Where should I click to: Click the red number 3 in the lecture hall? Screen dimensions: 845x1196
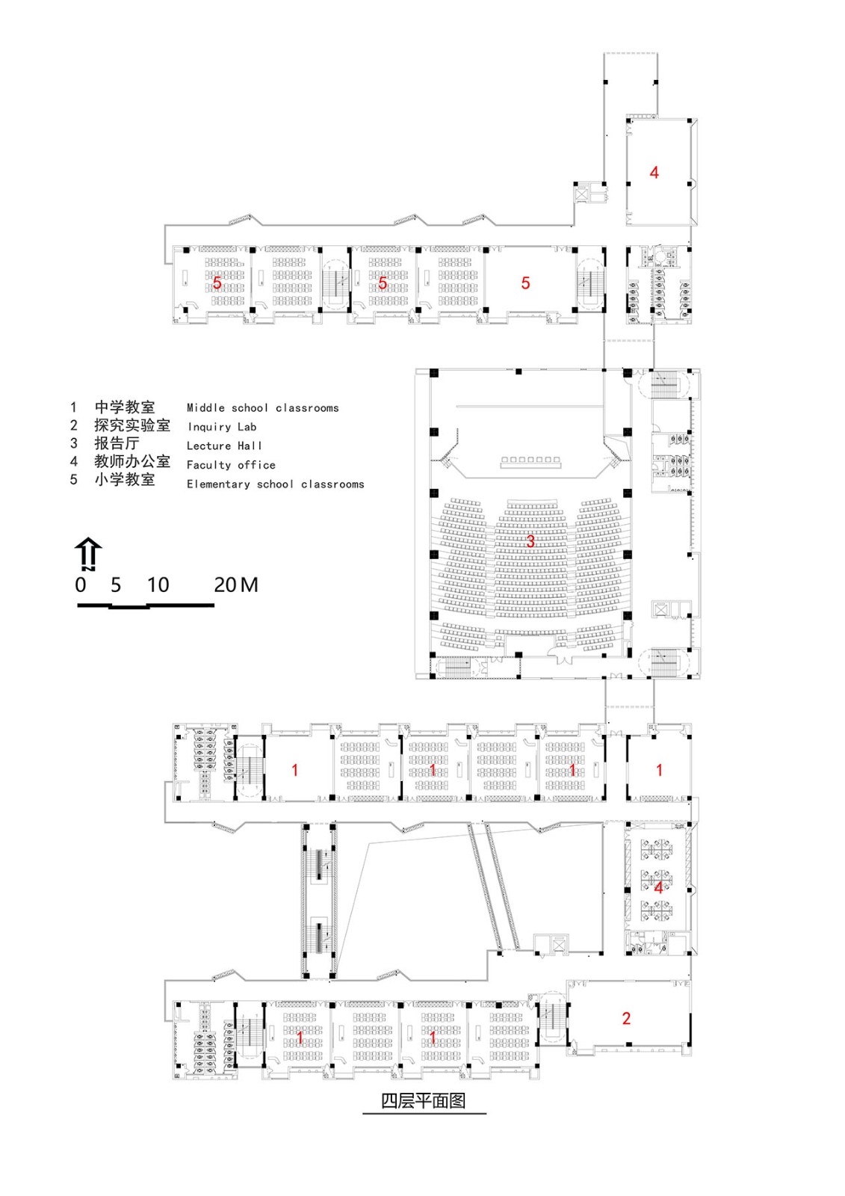[530, 541]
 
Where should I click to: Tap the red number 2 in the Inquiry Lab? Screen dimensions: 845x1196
[626, 1018]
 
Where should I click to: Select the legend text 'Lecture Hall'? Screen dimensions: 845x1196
[224, 446]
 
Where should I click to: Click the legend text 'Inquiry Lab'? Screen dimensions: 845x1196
[222, 427]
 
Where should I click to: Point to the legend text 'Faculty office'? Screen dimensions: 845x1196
[231, 464]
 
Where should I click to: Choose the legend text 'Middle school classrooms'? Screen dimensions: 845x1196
[263, 408]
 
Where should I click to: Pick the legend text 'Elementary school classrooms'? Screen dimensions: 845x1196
[276, 484]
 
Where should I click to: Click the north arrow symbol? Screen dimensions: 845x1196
[88, 555]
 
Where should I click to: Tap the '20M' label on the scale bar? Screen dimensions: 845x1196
[236, 585]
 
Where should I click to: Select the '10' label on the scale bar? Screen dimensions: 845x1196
[158, 585]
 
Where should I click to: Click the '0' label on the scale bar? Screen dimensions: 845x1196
[81, 585]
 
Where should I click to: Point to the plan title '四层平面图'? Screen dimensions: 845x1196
[424, 1101]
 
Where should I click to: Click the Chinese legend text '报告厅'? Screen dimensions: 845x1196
[117, 443]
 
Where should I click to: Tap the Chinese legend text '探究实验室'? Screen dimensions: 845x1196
[132, 425]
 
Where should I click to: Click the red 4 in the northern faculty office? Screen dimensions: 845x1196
[654, 172]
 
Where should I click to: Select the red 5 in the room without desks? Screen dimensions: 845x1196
[525, 283]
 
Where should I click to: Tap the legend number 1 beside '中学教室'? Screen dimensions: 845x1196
[74, 407]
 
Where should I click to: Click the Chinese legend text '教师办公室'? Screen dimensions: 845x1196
[132, 461]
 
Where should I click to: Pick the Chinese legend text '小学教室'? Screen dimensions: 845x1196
[124, 479]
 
